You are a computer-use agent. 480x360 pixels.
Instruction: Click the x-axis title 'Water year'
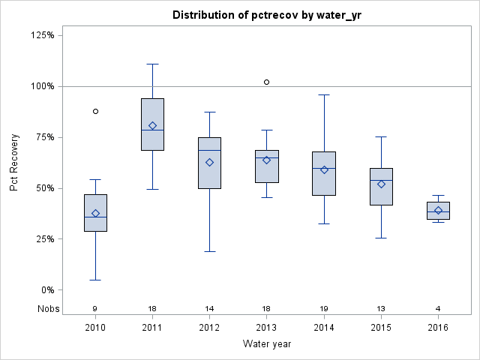(x=267, y=344)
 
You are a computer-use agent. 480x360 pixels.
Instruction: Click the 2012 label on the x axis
(x=209, y=327)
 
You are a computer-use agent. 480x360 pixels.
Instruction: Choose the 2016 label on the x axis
(x=438, y=327)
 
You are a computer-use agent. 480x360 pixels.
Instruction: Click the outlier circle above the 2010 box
(x=95, y=111)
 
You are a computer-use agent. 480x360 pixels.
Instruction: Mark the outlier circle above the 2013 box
(x=267, y=82)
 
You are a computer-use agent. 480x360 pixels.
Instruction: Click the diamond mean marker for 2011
(x=152, y=125)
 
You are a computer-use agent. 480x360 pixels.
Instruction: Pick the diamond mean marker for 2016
(x=438, y=210)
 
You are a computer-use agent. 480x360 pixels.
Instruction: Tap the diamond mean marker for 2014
(x=324, y=169)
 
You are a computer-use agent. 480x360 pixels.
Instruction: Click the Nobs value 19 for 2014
(x=324, y=308)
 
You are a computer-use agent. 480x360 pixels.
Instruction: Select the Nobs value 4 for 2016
(x=438, y=308)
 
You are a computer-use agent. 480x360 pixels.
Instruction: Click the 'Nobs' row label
(x=46, y=308)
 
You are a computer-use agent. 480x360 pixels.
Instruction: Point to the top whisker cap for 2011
(x=152, y=64)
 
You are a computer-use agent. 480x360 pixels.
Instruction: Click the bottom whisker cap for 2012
(x=209, y=251)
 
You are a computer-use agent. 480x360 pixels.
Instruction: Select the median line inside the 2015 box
(x=381, y=180)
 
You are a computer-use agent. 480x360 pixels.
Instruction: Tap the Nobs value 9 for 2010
(x=95, y=308)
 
